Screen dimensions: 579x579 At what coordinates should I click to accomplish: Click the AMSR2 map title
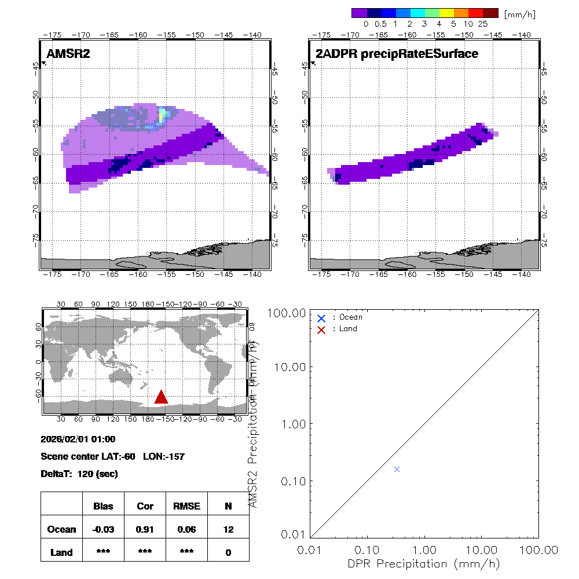pyautogui.click(x=68, y=54)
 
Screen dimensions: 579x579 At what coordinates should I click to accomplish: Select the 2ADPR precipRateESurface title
pyautogui.click(x=397, y=54)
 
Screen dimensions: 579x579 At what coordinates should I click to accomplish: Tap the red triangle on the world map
pyautogui.click(x=161, y=397)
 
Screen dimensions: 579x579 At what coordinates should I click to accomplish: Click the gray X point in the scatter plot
pyautogui.click(x=397, y=469)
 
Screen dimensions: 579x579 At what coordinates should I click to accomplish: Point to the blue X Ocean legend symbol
pyautogui.click(x=321, y=318)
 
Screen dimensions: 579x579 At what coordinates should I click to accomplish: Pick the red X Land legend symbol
pyautogui.click(x=321, y=329)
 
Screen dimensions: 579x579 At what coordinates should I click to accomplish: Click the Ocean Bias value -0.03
pyautogui.click(x=103, y=529)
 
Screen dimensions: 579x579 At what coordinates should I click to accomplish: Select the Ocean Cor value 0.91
pyautogui.click(x=145, y=529)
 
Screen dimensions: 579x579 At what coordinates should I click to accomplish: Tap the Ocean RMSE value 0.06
pyautogui.click(x=186, y=529)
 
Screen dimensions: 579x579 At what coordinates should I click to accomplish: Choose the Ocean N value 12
pyautogui.click(x=228, y=529)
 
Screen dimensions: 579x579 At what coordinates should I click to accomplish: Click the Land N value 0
pyautogui.click(x=228, y=552)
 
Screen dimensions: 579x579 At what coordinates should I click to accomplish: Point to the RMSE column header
pyautogui.click(x=186, y=506)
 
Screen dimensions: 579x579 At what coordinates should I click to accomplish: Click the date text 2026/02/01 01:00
pyautogui.click(x=78, y=439)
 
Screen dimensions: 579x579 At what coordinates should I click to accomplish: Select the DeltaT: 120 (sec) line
pyautogui.click(x=79, y=474)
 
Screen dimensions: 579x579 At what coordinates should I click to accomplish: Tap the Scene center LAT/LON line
pyautogui.click(x=112, y=457)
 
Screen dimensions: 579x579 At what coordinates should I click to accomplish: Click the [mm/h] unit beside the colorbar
pyautogui.click(x=519, y=13)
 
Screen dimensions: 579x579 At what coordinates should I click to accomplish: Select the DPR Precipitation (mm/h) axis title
pyautogui.click(x=424, y=563)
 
